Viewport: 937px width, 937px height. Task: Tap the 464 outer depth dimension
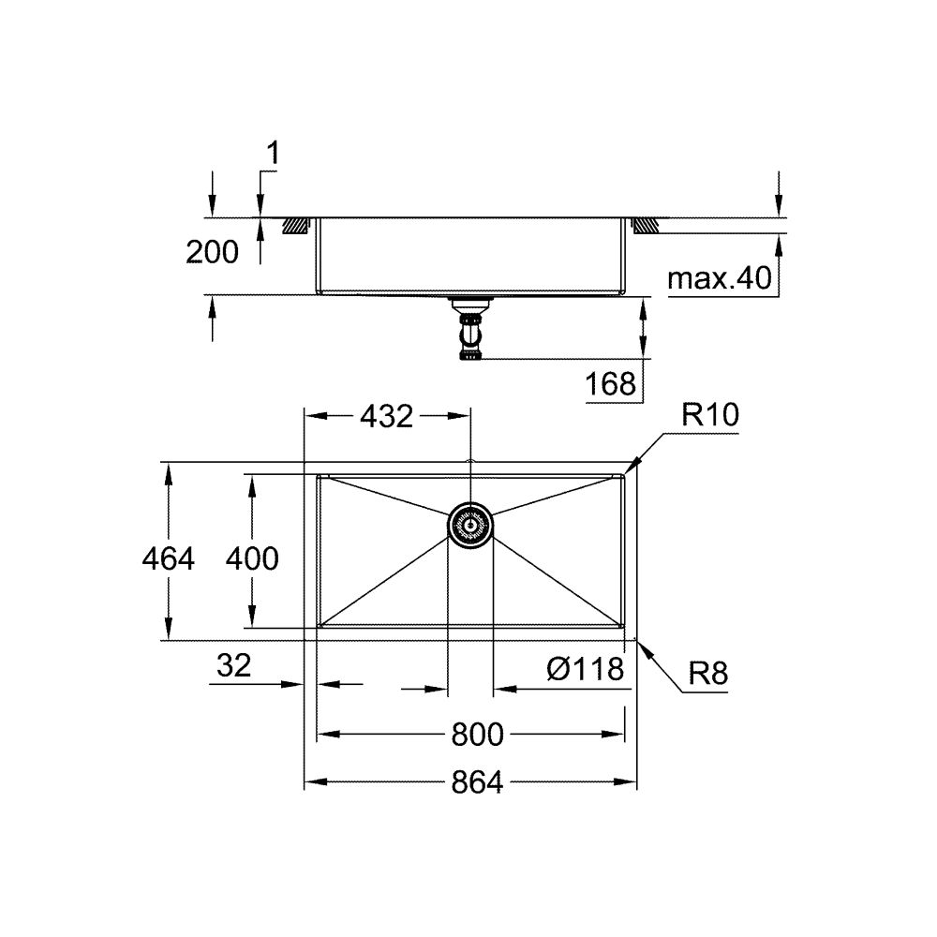tap(168, 558)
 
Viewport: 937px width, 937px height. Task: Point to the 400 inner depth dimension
tap(251, 558)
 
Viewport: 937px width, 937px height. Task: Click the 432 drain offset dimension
tap(385, 416)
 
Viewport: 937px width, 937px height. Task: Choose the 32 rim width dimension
tap(234, 666)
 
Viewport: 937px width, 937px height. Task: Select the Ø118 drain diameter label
tap(586, 669)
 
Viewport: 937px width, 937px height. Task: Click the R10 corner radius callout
tap(709, 416)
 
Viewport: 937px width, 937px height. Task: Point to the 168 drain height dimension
tap(611, 383)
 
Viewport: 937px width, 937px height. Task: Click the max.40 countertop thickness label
tap(720, 277)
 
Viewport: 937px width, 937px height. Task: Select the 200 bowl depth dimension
tap(212, 251)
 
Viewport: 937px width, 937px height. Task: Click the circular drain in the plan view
tap(470, 525)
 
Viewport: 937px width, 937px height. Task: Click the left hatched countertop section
tap(297, 226)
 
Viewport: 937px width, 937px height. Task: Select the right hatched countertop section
tap(646, 226)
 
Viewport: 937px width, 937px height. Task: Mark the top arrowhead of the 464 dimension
tap(168, 468)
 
